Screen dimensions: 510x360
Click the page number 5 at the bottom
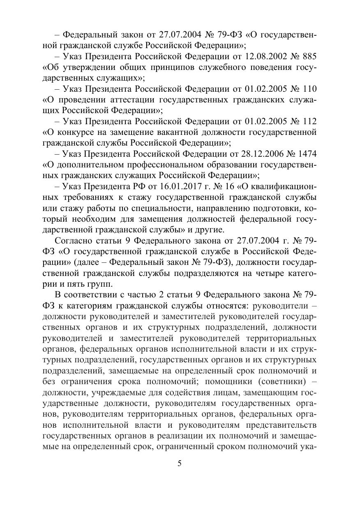click(x=179, y=464)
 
